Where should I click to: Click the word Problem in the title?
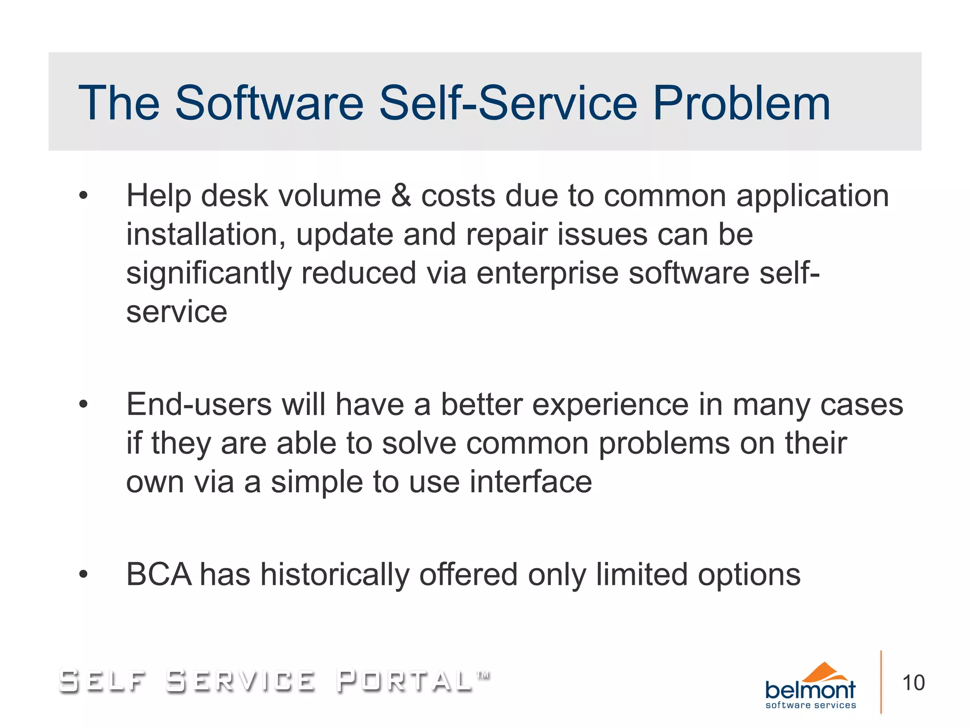click(x=741, y=104)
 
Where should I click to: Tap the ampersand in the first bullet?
click(x=401, y=196)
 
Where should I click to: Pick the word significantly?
click(x=208, y=274)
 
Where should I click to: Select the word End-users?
click(x=199, y=405)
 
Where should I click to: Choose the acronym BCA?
click(x=159, y=575)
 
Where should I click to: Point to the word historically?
click(x=335, y=575)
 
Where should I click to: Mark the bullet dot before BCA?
click(x=84, y=575)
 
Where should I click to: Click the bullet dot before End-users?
click(x=84, y=404)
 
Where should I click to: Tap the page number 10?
click(x=913, y=683)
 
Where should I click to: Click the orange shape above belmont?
click(x=825, y=672)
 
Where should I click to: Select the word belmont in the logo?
click(x=810, y=690)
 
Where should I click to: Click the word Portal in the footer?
click(x=405, y=681)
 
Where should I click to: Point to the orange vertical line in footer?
click(x=881, y=682)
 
